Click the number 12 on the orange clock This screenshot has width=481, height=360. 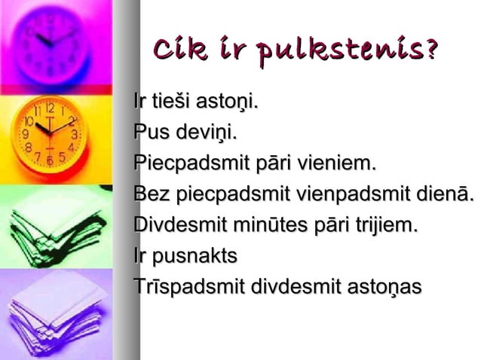click(49, 108)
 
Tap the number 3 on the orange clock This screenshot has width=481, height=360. click(75, 134)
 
